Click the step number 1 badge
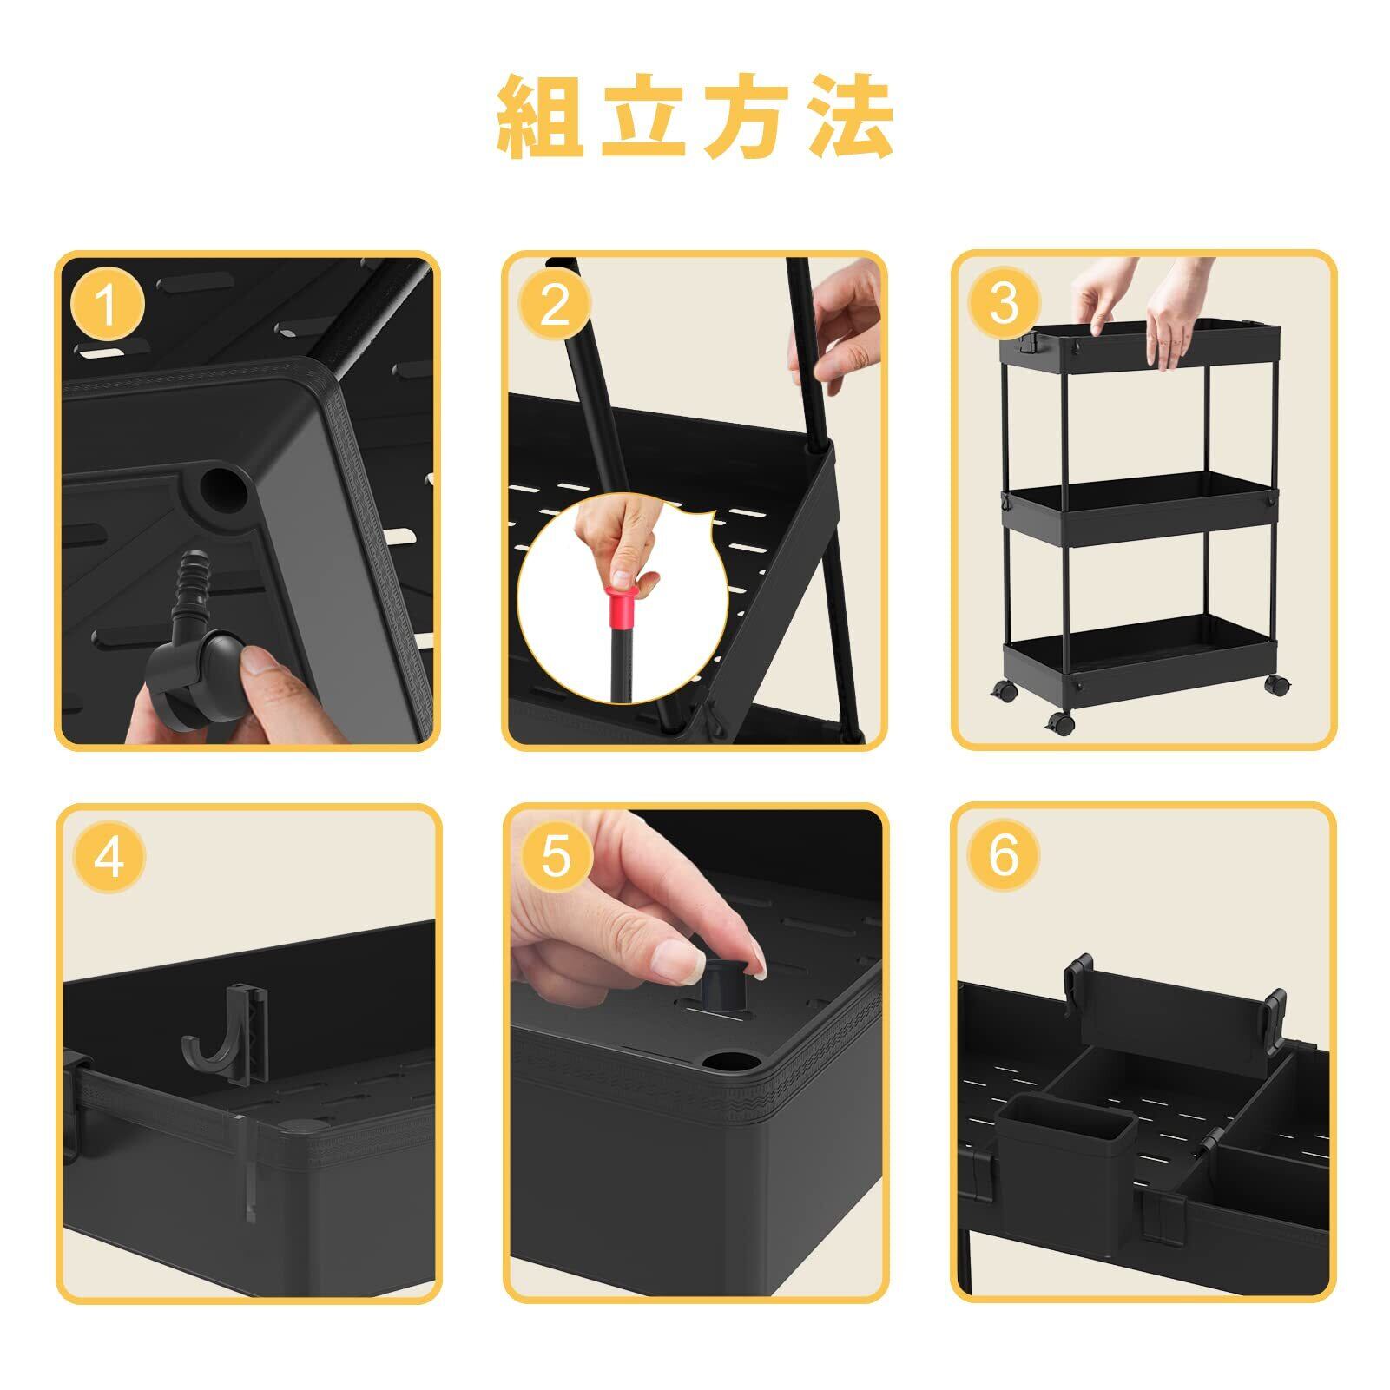tap(107, 305)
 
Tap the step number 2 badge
tap(554, 305)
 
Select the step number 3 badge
tap(1003, 304)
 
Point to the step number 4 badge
tap(109, 858)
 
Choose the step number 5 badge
tap(556, 857)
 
